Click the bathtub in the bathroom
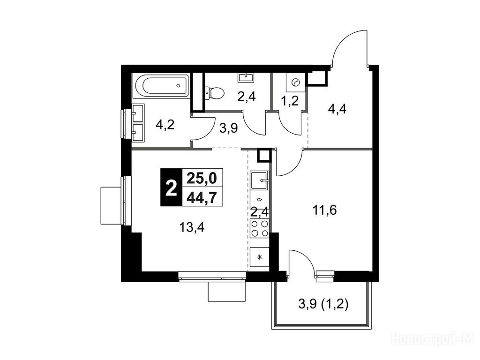[161, 85]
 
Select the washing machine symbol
[296, 82]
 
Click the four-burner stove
[260, 229]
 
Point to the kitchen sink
[260, 180]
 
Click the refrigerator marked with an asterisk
[260, 257]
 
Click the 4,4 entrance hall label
[337, 109]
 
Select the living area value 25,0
[202, 178]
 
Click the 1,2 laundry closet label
[290, 101]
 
